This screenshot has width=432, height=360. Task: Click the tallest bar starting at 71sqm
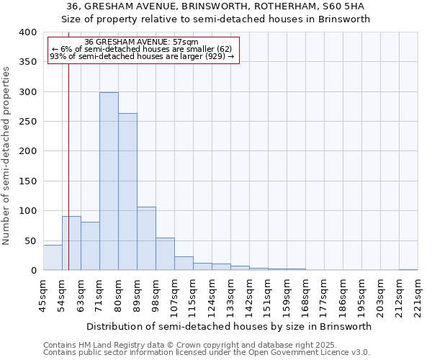[109, 181]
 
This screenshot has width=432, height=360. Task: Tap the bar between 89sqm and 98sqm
[146, 238]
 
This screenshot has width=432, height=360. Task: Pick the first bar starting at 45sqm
[53, 258]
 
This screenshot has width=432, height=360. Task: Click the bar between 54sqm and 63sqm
[71, 243]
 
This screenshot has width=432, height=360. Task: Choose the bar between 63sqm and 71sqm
[90, 246]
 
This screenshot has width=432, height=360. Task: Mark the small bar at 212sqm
[408, 269]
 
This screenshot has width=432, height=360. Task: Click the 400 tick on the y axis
[28, 32]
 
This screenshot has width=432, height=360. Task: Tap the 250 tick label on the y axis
[28, 122]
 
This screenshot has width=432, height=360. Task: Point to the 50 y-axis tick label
[30, 240]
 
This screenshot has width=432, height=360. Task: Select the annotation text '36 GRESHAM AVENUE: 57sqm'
[142, 42]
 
